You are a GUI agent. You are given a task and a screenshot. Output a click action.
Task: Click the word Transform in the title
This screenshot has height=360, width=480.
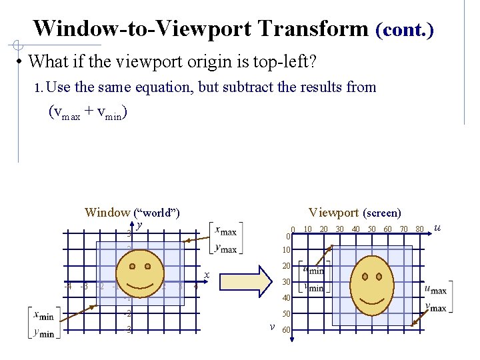point(313,29)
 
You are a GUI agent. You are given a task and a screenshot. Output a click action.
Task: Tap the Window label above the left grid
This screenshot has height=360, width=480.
point(107,213)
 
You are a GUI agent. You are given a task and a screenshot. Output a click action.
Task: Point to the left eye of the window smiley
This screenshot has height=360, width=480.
point(131,267)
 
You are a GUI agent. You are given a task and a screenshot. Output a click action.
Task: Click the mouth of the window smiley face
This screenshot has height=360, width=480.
point(139,287)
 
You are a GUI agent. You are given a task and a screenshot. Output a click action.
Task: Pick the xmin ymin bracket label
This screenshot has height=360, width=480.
point(45,324)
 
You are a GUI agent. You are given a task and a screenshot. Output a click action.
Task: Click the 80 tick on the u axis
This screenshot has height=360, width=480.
point(419,229)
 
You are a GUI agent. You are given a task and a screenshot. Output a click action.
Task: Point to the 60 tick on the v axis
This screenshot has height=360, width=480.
point(286,330)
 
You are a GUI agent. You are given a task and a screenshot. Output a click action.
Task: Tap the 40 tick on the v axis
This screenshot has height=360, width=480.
point(286,297)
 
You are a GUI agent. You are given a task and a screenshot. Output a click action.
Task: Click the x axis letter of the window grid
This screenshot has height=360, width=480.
point(207,275)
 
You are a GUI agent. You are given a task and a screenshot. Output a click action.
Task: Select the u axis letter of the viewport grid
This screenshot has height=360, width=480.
point(437,228)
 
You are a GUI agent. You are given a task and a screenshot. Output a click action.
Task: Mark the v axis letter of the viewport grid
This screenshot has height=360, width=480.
point(272,327)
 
